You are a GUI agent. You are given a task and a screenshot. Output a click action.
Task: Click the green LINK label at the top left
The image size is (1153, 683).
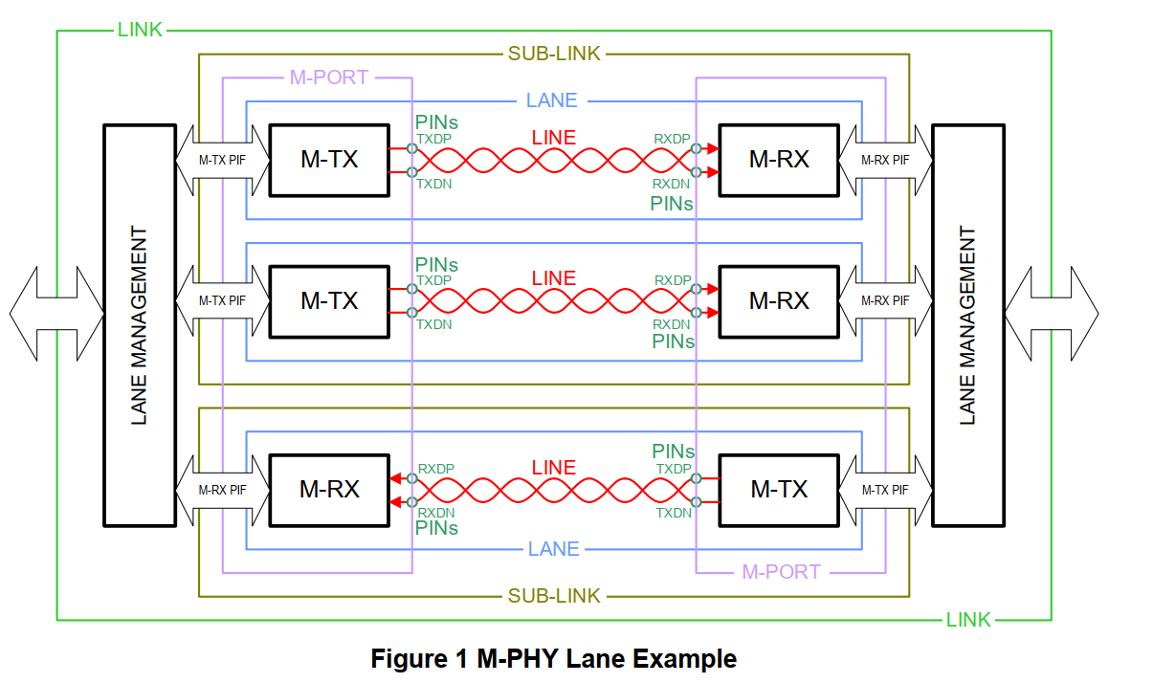tap(140, 30)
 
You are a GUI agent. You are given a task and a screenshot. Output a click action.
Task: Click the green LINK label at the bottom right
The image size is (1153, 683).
tap(968, 620)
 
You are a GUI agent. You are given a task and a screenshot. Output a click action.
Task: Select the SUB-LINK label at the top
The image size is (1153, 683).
tap(554, 54)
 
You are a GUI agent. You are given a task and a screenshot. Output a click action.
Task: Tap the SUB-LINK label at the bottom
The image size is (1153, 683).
tap(554, 596)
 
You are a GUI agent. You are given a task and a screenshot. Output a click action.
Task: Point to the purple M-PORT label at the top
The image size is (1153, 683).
tap(328, 77)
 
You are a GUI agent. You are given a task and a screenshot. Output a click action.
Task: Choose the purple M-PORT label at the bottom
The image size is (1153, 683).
tap(781, 572)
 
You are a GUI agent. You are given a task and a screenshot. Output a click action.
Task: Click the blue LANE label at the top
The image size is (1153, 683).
tap(552, 100)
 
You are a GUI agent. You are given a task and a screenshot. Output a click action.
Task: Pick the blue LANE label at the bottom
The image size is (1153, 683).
tap(553, 549)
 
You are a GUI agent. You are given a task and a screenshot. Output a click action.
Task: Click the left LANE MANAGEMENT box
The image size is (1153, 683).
tap(139, 324)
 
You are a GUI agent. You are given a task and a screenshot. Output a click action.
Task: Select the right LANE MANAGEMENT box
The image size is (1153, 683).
tap(967, 324)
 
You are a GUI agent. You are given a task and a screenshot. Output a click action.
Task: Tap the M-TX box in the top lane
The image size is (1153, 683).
tap(329, 160)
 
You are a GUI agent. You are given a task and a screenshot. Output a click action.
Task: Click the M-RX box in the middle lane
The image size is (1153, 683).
tap(779, 301)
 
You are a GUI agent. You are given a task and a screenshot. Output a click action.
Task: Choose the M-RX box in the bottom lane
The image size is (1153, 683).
tap(329, 489)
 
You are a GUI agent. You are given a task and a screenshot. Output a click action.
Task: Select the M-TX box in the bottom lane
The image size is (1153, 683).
tap(779, 489)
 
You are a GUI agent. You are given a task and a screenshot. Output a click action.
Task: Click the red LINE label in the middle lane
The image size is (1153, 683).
tap(554, 278)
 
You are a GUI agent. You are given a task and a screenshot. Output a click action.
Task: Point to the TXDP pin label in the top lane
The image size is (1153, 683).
tap(433, 138)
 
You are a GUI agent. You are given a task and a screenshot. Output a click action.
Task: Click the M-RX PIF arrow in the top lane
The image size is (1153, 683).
tap(885, 160)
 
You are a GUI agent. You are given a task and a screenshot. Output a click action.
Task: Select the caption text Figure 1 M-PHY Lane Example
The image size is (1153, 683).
tap(554, 659)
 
